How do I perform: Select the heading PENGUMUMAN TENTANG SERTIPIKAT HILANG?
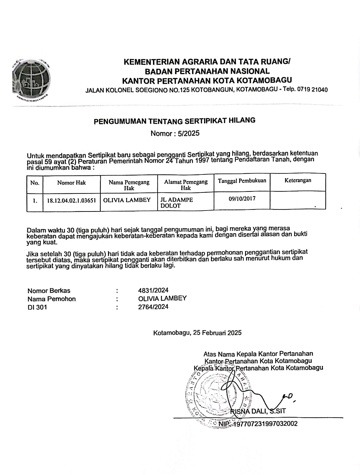175,121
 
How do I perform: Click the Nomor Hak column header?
71,182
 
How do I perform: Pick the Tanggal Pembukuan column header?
242,181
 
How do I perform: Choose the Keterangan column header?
298,180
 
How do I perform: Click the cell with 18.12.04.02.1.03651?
71,200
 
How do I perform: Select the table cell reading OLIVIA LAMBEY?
127,200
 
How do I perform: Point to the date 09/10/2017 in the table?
242,198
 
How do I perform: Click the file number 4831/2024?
153,291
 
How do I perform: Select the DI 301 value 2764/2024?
153,307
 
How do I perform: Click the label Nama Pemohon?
52,299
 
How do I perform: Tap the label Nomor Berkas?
49,291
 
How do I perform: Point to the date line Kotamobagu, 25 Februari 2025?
197,333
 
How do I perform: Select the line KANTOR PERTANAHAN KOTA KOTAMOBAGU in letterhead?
207,80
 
